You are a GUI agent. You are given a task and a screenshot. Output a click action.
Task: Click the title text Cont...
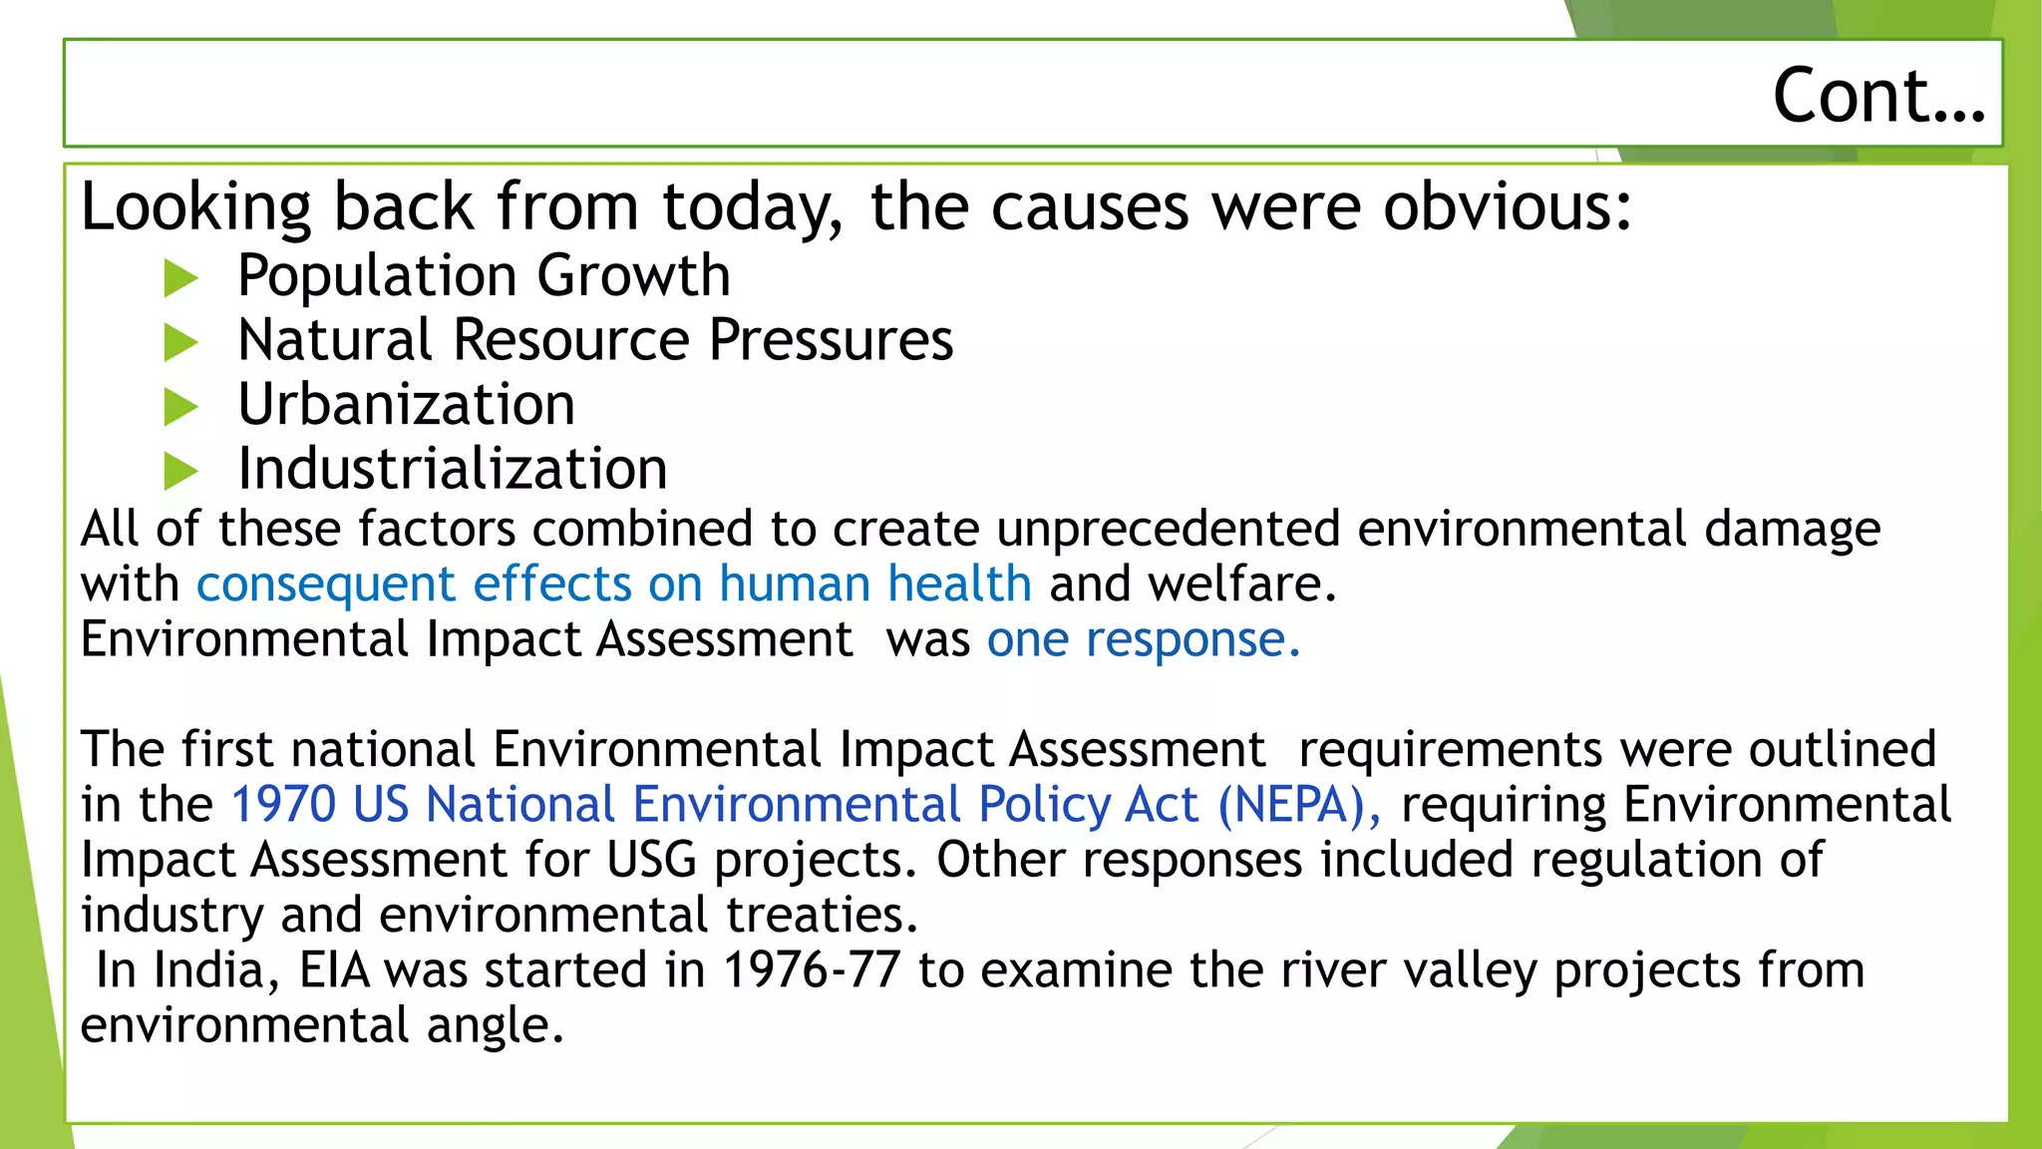[1877, 96]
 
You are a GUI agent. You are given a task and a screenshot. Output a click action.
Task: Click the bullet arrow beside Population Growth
[180, 278]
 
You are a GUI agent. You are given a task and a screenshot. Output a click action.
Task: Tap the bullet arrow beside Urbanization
[180, 407]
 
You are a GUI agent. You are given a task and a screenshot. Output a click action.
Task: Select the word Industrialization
[453, 469]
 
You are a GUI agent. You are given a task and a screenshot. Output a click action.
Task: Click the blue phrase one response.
[1143, 639]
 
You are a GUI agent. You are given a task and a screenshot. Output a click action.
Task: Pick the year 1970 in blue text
[283, 805]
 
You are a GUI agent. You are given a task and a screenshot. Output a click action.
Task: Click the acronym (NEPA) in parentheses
[1298, 805]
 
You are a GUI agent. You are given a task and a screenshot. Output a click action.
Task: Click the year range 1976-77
[812, 969]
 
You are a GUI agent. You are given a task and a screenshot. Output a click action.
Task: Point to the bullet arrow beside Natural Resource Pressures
[180, 343]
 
